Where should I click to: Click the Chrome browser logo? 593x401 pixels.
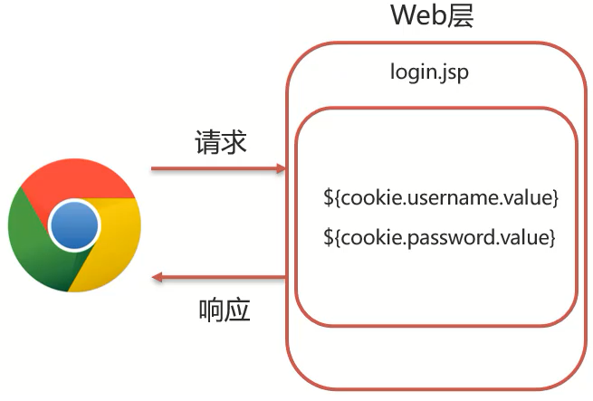click(74, 226)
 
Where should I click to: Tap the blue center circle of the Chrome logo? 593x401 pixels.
click(74, 226)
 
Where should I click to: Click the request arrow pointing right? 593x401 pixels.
click(217, 168)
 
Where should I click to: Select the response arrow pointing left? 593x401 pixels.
click(217, 278)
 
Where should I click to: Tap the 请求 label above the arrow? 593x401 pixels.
click(221, 143)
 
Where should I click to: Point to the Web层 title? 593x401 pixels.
click(432, 15)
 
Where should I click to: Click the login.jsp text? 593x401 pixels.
click(429, 72)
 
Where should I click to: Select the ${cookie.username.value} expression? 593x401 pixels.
click(441, 197)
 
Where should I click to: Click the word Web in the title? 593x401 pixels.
click(416, 15)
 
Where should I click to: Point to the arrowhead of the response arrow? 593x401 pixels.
click(158, 278)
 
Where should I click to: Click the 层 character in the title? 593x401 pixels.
click(460, 15)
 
